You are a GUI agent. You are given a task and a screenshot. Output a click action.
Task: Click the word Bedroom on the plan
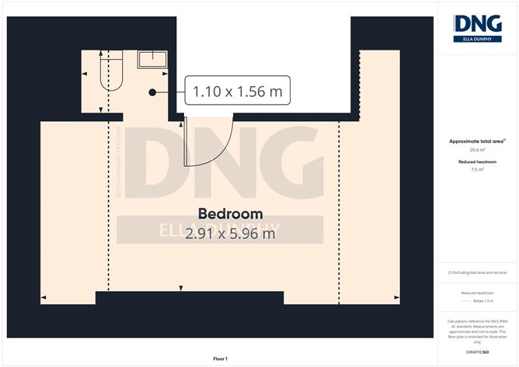(x=230, y=213)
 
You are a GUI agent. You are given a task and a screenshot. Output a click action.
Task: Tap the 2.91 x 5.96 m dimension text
(x=231, y=232)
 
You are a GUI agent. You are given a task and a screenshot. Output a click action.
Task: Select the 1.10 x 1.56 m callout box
(x=232, y=92)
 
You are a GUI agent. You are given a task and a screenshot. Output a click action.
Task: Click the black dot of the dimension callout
(x=153, y=92)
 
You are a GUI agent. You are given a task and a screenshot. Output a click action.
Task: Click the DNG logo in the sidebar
(x=478, y=26)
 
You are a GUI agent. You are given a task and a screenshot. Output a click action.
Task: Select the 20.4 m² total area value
(x=478, y=151)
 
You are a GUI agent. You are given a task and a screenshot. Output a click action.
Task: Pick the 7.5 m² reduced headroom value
(x=478, y=170)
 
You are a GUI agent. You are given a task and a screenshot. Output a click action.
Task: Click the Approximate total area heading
(x=476, y=141)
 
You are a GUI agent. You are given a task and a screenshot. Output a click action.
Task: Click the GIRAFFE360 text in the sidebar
(x=478, y=352)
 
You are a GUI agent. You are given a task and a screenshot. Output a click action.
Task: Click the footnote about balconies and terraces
(x=478, y=272)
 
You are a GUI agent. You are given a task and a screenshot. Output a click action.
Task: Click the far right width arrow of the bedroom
(x=397, y=299)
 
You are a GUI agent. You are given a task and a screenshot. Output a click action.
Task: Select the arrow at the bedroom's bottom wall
(x=181, y=289)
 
